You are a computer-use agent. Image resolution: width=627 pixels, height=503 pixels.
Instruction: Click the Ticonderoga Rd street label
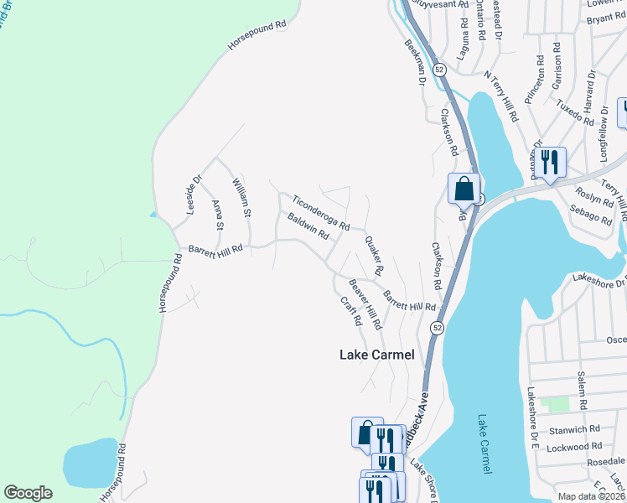pyautogui.click(x=321, y=213)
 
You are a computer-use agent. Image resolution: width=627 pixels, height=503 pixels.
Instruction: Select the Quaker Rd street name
pyautogui.click(x=373, y=256)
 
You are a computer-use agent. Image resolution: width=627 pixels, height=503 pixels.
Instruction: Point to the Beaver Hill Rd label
pyautogui.click(x=365, y=303)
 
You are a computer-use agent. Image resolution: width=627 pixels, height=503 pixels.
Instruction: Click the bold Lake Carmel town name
pyautogui.click(x=376, y=355)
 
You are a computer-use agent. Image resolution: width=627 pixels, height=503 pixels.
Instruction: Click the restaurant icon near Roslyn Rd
pyautogui.click(x=549, y=161)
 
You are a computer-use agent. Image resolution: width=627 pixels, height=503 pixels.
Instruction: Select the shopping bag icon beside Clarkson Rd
pyautogui.click(x=464, y=189)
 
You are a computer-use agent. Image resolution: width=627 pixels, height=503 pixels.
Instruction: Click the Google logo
pyautogui.click(x=28, y=493)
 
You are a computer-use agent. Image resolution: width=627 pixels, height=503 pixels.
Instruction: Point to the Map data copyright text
pyautogui.click(x=592, y=496)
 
